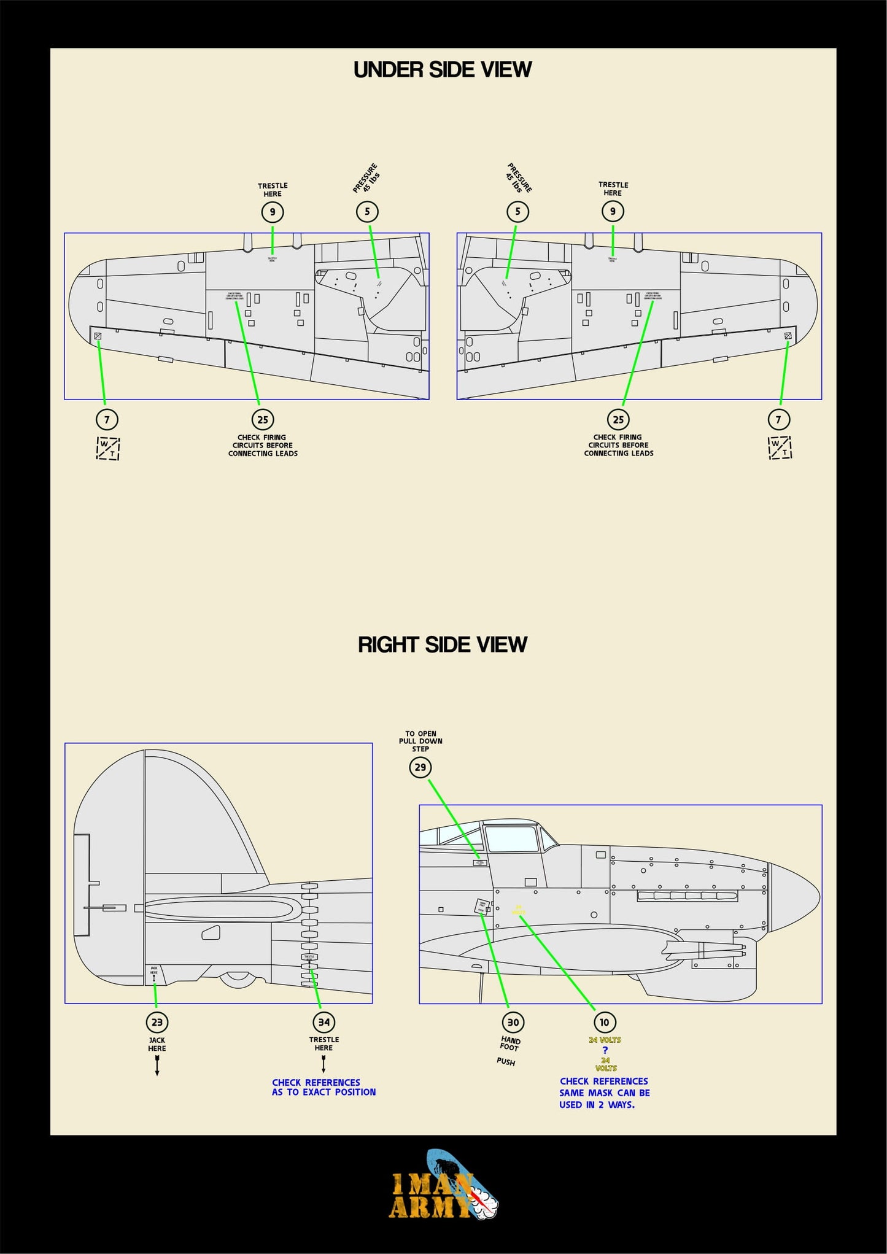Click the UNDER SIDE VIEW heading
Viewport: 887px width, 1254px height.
442,70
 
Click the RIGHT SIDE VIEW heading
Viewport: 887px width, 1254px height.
442,644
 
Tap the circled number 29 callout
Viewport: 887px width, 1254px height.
420,767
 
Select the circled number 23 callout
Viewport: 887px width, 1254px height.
157,1022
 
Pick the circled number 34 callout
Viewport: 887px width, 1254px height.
323,1022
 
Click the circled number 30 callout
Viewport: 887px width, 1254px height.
513,1022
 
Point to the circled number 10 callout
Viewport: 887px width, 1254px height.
605,1022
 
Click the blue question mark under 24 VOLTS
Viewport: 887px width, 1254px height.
605,1050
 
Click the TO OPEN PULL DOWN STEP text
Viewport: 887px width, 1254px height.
420,741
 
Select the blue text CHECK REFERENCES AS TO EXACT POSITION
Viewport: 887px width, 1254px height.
323,1087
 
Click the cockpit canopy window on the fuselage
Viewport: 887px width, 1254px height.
511,838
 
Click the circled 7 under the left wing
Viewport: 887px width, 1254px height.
107,420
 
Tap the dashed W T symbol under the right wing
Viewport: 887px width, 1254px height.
780,447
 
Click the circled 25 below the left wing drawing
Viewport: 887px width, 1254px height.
263,420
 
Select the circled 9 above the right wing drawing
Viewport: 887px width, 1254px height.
613,212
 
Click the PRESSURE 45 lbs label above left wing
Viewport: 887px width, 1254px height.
366,178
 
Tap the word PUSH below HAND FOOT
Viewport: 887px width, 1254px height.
506,1061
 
